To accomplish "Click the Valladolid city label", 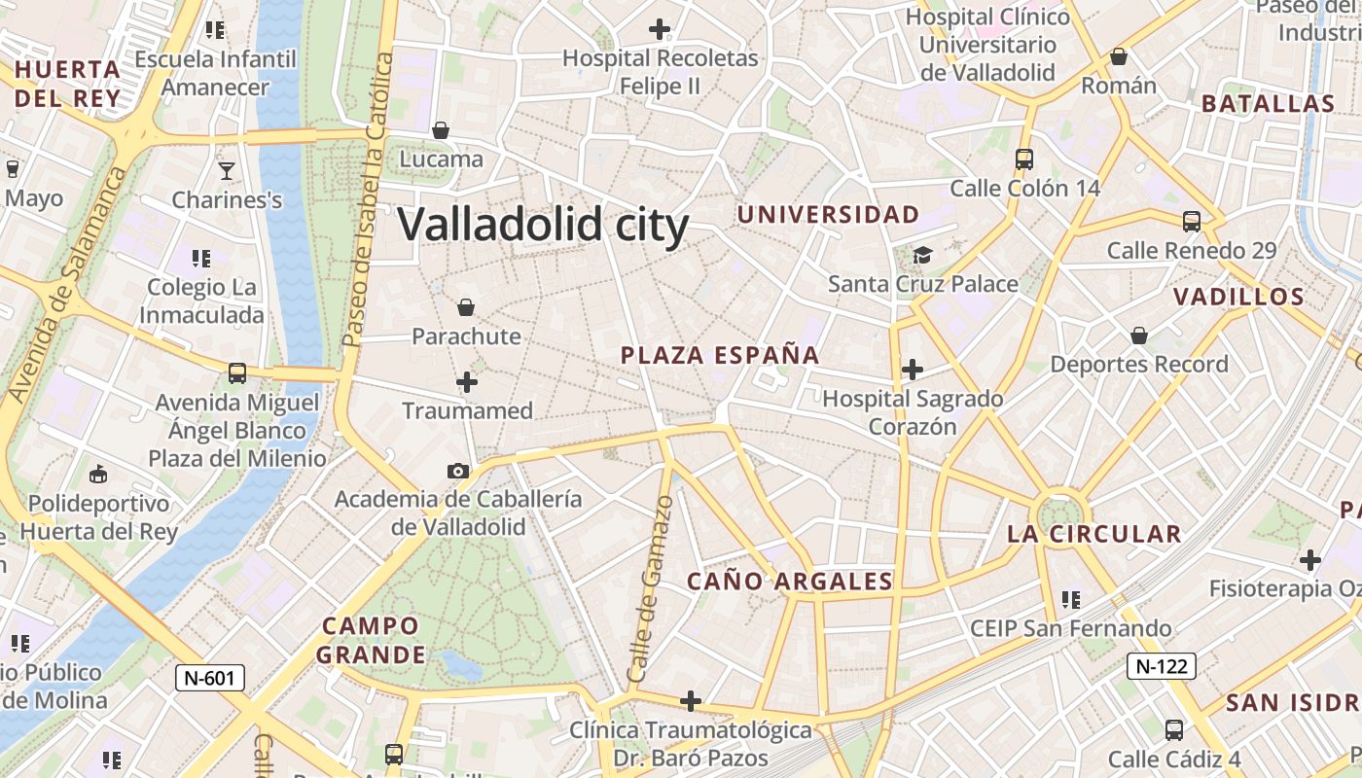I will tap(543, 225).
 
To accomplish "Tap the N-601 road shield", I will tap(209, 678).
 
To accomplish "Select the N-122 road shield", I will tap(1161, 666).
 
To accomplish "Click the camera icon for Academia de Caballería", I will tap(457, 471).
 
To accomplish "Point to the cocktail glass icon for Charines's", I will tap(227, 171).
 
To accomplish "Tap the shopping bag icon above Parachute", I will tap(466, 307).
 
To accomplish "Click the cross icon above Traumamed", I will tap(467, 382).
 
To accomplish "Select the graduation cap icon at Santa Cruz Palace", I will tap(922, 255).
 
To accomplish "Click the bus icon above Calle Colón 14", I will tap(1023, 159).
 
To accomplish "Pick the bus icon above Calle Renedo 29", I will tap(1192, 221).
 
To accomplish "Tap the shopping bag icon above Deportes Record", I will tap(1139, 336).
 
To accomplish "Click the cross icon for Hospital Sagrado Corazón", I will tap(913, 370).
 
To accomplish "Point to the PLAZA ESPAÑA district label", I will tap(720, 356).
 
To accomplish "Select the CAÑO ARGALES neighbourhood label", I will tap(790, 582).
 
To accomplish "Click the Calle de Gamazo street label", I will tap(651, 588).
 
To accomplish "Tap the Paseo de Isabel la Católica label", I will tap(370, 199).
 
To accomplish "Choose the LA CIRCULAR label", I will tap(1093, 534).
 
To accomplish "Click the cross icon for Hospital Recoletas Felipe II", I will tap(660, 29).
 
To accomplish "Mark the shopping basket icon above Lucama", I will tap(441, 129).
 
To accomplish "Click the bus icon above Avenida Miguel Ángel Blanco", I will tap(236, 372).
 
